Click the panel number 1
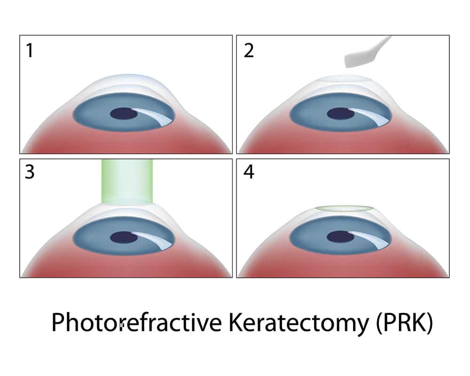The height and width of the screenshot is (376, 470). pyautogui.click(x=29, y=50)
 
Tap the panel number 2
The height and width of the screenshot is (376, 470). pyautogui.click(x=249, y=50)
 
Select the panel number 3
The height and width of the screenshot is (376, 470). pyautogui.click(x=30, y=172)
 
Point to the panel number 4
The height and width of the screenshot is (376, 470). pyautogui.click(x=249, y=172)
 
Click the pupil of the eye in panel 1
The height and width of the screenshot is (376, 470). pyautogui.click(x=124, y=114)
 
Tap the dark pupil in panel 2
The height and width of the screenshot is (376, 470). pyautogui.click(x=340, y=114)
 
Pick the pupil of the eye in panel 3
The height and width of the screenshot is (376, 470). pyautogui.click(x=124, y=237)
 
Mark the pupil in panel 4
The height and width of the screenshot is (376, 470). pyautogui.click(x=340, y=237)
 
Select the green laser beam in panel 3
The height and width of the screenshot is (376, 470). pyautogui.click(x=127, y=181)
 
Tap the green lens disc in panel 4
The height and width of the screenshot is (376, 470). pyautogui.click(x=345, y=209)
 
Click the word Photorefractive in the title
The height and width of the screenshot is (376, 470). pyautogui.click(x=137, y=322)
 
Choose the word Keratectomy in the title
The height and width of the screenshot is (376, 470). pyautogui.click(x=298, y=323)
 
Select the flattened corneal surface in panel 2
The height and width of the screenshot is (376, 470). pyautogui.click(x=344, y=78)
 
